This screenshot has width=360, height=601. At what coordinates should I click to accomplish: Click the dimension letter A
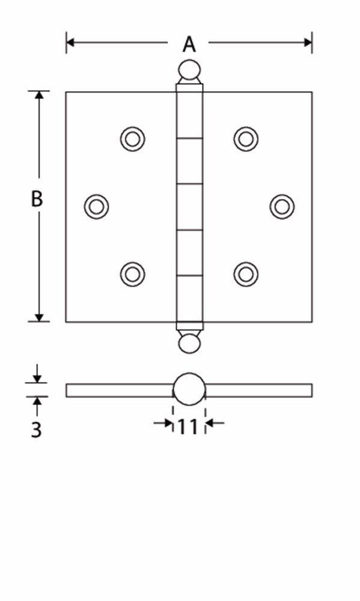coord(189,44)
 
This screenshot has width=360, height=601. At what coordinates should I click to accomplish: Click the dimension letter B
coord(37,199)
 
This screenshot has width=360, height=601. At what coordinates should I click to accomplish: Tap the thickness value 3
coord(37,430)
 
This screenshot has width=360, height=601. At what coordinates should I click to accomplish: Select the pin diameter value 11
coord(188,427)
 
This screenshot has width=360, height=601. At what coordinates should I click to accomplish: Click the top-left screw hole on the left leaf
coord(132,139)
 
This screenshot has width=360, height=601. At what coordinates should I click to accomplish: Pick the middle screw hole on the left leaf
coord(96,207)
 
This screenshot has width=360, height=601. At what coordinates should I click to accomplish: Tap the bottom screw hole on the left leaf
coord(132,274)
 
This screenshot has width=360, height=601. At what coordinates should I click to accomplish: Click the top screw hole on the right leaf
coord(246,139)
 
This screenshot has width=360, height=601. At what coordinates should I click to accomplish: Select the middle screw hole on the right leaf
coord(282,207)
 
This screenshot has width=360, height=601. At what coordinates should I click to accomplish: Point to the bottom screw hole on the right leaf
coord(246,274)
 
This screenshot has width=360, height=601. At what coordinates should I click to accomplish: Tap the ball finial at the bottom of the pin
coord(189,343)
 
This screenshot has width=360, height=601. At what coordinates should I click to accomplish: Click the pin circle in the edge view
coord(189,389)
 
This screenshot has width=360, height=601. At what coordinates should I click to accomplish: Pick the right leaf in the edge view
coord(258,390)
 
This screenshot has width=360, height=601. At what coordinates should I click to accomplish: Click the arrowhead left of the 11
coord(168,424)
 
